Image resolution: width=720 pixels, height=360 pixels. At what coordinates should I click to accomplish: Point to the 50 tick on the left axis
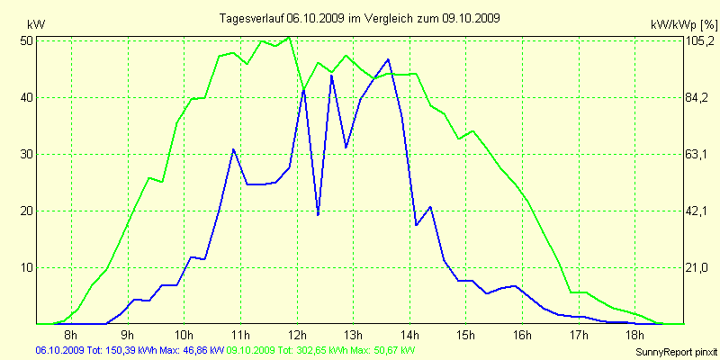tap(26, 40)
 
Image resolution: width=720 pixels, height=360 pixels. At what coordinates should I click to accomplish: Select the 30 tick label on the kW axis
tap(26, 154)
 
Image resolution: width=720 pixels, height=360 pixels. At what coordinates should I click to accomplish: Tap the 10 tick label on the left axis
tap(26, 267)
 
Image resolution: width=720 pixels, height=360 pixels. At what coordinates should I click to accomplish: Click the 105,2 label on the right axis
tap(698, 40)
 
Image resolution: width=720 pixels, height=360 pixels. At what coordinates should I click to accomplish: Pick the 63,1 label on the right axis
tap(698, 154)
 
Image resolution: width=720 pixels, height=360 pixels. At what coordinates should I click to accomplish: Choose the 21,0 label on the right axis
tap(698, 267)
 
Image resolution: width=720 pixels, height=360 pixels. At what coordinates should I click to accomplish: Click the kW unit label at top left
tap(35, 23)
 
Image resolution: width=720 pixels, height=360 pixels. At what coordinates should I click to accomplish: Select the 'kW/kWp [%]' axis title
tap(683, 23)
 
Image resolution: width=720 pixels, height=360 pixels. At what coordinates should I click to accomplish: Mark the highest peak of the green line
tap(289, 37)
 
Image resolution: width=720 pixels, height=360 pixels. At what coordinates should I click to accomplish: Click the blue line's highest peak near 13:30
tap(388, 59)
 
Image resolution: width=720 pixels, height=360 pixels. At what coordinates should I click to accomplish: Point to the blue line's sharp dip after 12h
tap(318, 214)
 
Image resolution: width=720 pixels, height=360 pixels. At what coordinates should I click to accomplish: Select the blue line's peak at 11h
tap(233, 149)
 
